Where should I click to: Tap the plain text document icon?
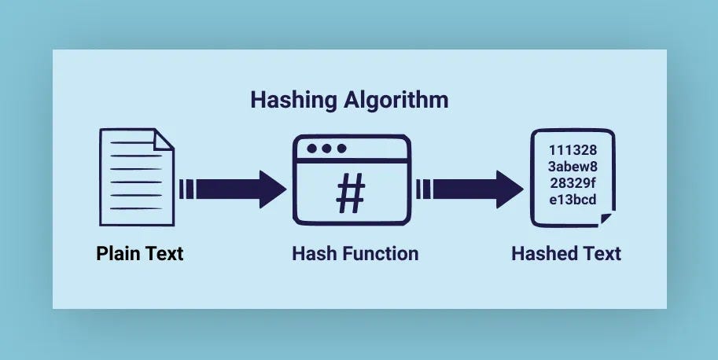pyautogui.click(x=134, y=178)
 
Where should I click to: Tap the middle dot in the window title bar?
pyautogui.click(x=326, y=149)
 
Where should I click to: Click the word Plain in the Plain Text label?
pyautogui.click(x=118, y=254)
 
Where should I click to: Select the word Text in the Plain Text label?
pyautogui.click(x=164, y=254)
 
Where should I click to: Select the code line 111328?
pyautogui.click(x=573, y=150)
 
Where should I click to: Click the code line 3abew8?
pyautogui.click(x=573, y=166)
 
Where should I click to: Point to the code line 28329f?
pyautogui.click(x=573, y=182)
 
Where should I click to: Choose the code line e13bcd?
pyautogui.click(x=573, y=199)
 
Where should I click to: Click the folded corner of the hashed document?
pyautogui.click(x=606, y=218)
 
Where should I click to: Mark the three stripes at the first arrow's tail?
pyautogui.click(x=186, y=189)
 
